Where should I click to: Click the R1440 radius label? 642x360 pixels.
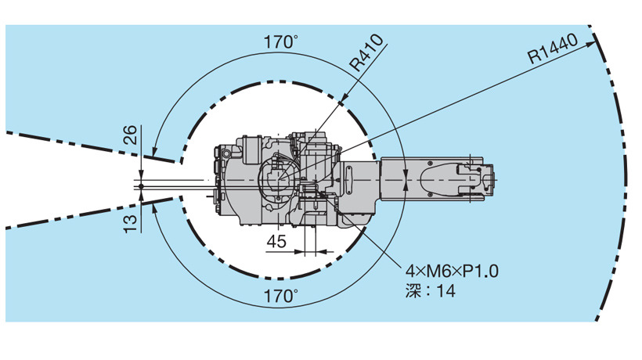point(553,49)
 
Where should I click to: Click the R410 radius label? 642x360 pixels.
point(367,52)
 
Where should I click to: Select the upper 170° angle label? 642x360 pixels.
point(280,41)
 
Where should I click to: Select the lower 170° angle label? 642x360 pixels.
point(280,296)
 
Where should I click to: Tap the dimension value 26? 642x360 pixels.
point(130,135)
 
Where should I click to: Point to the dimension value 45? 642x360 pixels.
point(276,241)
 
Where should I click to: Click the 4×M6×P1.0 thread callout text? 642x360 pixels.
point(452,271)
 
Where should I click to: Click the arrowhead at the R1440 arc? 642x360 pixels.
point(590,44)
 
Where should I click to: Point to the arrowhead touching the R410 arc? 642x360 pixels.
point(343,99)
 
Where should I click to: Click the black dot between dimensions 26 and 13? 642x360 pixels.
point(141,186)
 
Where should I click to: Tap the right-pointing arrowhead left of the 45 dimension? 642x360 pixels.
point(300,251)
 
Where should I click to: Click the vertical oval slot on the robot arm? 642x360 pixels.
point(349,180)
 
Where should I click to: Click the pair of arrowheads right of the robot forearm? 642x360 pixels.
point(405,180)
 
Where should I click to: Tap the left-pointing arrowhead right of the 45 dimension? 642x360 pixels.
point(322,251)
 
